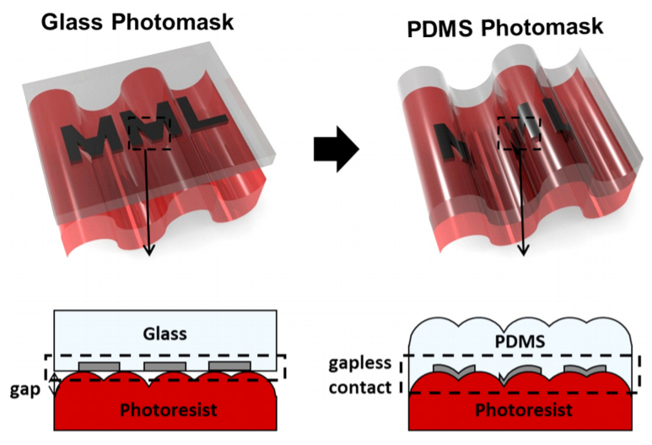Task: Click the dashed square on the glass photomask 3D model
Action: click(x=149, y=133)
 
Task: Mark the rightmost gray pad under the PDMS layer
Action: click(x=584, y=370)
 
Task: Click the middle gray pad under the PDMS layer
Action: click(x=517, y=370)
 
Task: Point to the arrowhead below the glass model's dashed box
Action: click(x=149, y=248)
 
